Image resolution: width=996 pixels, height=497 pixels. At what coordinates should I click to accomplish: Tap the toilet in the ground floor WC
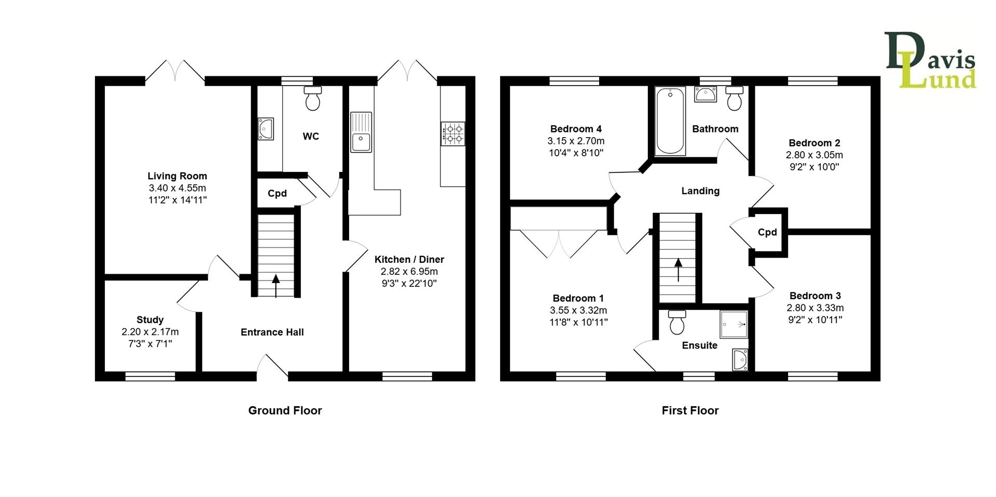[313, 99]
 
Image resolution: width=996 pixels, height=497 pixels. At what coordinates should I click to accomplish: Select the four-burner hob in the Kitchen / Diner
[453, 133]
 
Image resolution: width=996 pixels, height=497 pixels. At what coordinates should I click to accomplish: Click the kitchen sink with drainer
[361, 132]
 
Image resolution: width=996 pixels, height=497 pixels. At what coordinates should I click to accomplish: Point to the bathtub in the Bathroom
[670, 122]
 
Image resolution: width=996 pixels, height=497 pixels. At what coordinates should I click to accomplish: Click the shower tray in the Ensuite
[734, 325]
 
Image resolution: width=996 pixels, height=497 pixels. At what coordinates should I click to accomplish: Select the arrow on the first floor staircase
[678, 269]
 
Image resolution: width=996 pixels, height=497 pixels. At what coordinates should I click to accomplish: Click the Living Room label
[177, 176]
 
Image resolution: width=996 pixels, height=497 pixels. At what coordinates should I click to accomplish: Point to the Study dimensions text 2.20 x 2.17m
[150, 332]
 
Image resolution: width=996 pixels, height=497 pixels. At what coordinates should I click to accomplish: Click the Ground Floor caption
[285, 411]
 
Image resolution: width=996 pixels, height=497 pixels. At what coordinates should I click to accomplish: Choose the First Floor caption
[690, 411]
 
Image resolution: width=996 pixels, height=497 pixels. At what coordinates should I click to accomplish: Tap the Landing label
[700, 191]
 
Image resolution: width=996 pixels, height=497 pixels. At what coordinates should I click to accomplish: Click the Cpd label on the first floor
[767, 232]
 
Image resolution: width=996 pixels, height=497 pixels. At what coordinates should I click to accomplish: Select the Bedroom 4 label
[576, 129]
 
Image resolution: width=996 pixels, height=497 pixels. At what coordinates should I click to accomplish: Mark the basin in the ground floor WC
[266, 129]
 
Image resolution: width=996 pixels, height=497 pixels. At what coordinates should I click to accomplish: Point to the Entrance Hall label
[272, 332]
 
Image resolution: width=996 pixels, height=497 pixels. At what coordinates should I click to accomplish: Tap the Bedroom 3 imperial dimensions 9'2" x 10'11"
[815, 320]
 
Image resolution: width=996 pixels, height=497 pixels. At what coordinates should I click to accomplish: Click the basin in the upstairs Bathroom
[704, 95]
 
